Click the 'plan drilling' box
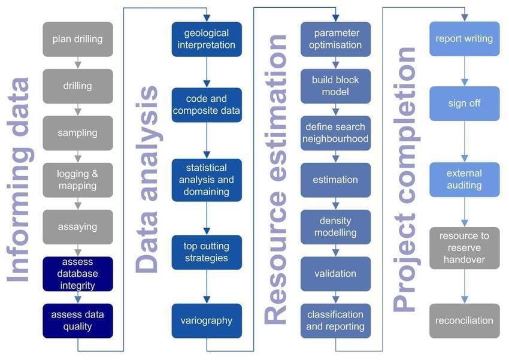coord(77,40)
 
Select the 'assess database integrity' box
coord(77,274)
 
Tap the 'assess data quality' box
coord(77,320)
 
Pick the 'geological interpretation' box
coord(207,40)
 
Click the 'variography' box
coord(207,320)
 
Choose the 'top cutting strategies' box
coord(207,252)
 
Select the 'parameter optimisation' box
coord(335,40)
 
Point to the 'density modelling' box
coord(335,226)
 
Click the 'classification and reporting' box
coord(335,320)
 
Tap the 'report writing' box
coord(464,40)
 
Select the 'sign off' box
coord(464,104)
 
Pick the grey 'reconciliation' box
coord(464,320)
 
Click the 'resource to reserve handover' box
coord(464,248)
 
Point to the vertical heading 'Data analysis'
coord(147,180)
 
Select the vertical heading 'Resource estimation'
coord(276,180)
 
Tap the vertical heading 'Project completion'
coord(405,180)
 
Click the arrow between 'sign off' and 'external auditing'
coord(464,141)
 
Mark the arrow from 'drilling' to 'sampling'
coord(77,110)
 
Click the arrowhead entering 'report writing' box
coord(464,18)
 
